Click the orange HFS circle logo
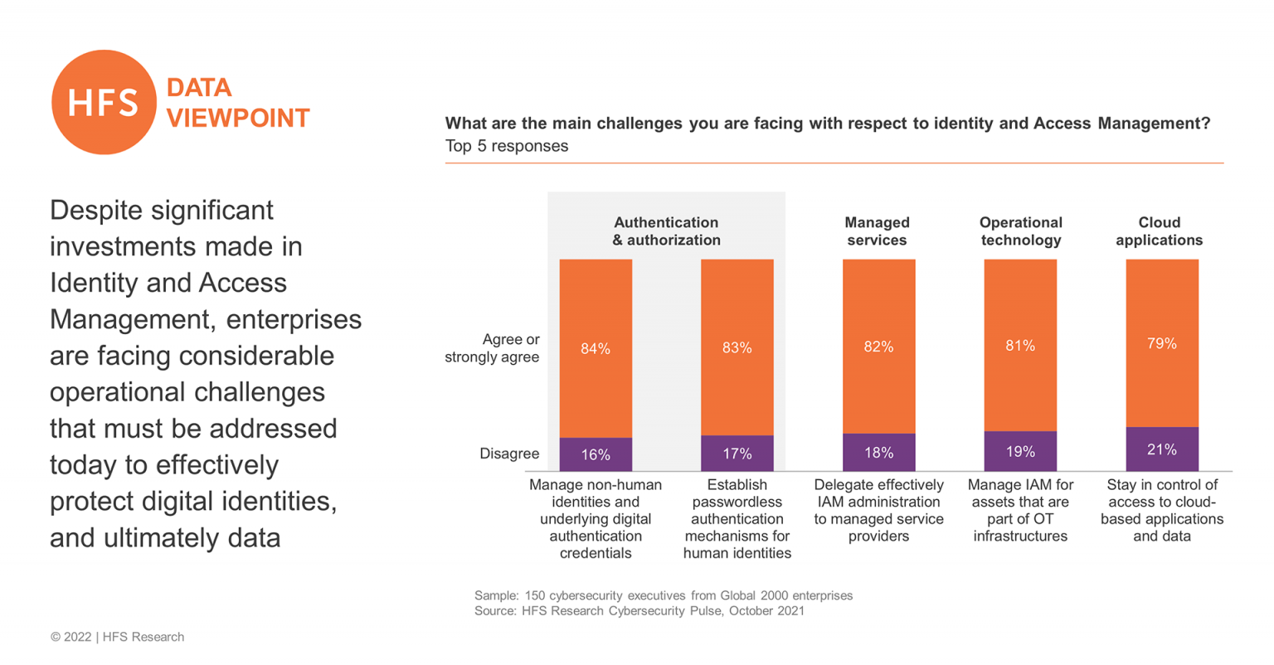(104, 102)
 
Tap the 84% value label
(596, 349)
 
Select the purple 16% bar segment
(596, 454)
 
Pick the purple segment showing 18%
(878, 453)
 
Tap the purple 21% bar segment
(1161, 449)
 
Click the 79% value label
(1161, 343)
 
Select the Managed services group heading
(877, 231)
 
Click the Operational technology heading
(1020, 231)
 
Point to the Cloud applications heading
(1159, 231)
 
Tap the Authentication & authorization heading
(666, 231)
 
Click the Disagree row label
(509, 454)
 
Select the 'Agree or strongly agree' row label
(493, 348)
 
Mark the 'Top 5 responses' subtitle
(507, 146)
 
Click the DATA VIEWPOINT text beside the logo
(237, 103)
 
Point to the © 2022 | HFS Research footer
(117, 637)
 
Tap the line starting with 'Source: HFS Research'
(639, 611)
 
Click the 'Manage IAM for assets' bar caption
(1020, 510)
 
